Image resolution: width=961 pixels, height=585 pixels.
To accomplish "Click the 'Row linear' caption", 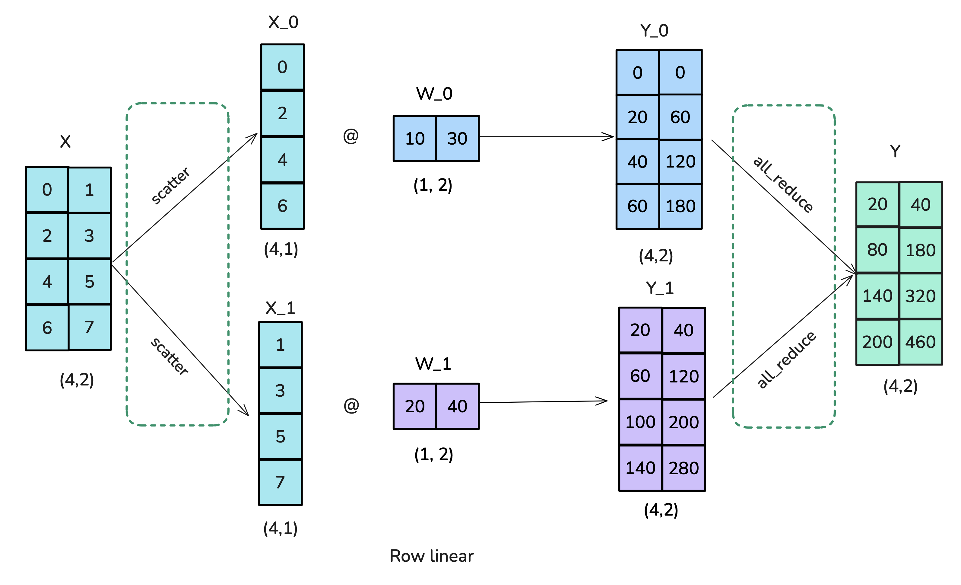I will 431,556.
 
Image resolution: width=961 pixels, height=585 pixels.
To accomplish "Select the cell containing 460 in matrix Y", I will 921,342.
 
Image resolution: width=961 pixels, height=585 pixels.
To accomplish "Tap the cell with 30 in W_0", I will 457,139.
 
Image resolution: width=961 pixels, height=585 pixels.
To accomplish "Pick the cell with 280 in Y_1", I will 683,468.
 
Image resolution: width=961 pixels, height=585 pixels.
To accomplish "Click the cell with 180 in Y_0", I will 680,206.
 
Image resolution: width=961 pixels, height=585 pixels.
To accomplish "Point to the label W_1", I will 433,364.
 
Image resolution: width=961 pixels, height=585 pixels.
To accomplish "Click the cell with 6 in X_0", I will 282,206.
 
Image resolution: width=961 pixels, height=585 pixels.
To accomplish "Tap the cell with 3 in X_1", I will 280,390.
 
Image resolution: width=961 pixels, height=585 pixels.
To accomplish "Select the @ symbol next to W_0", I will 350,136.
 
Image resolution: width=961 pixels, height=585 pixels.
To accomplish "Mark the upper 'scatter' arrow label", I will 170,185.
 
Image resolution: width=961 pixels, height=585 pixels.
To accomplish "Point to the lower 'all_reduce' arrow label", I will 786,360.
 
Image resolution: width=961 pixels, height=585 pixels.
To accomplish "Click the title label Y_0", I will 654,30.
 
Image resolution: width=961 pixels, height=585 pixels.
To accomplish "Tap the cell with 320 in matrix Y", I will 921,296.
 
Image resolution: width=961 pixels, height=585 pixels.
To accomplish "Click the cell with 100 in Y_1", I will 640,422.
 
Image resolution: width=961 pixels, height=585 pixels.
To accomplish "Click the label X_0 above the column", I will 283,22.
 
